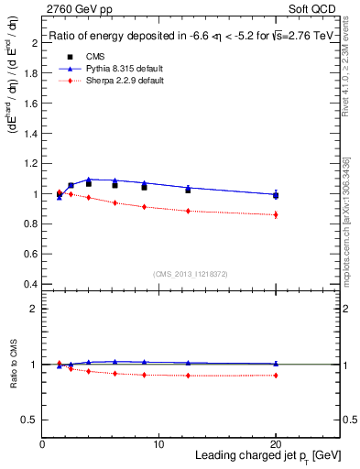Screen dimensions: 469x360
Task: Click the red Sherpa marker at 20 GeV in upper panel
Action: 276,214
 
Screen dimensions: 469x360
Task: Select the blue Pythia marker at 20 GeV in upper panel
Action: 276,193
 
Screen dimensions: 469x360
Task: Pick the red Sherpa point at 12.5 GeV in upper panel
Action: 188,211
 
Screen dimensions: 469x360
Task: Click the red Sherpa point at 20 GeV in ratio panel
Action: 276,375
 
